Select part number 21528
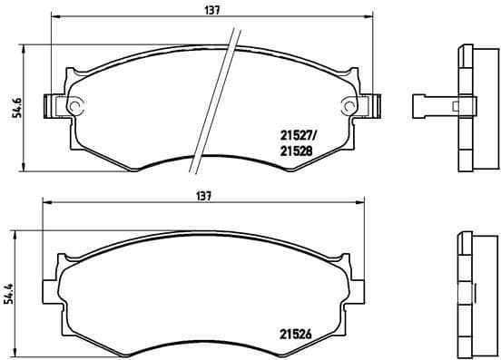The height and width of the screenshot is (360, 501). [292, 153]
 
